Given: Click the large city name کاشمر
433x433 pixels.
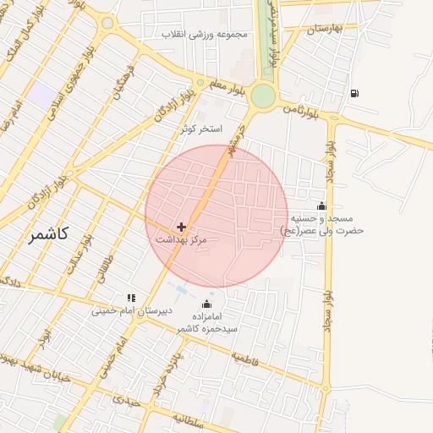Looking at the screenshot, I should point(47,234).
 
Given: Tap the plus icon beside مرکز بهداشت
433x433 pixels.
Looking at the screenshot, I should point(182,227).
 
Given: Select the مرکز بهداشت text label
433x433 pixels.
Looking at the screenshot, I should point(181,241).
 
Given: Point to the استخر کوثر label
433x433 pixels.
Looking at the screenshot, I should point(200,129).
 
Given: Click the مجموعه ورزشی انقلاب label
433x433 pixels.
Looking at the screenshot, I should point(208,35).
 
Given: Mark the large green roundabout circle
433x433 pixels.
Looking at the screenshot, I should point(263,96).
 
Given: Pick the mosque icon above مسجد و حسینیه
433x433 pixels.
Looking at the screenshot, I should point(321,206).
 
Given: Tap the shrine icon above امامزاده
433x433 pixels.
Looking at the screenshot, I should point(207,304).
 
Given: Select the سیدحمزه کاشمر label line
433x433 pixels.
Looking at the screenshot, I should point(207,327).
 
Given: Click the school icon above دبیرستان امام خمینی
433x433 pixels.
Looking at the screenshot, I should point(131,298).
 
